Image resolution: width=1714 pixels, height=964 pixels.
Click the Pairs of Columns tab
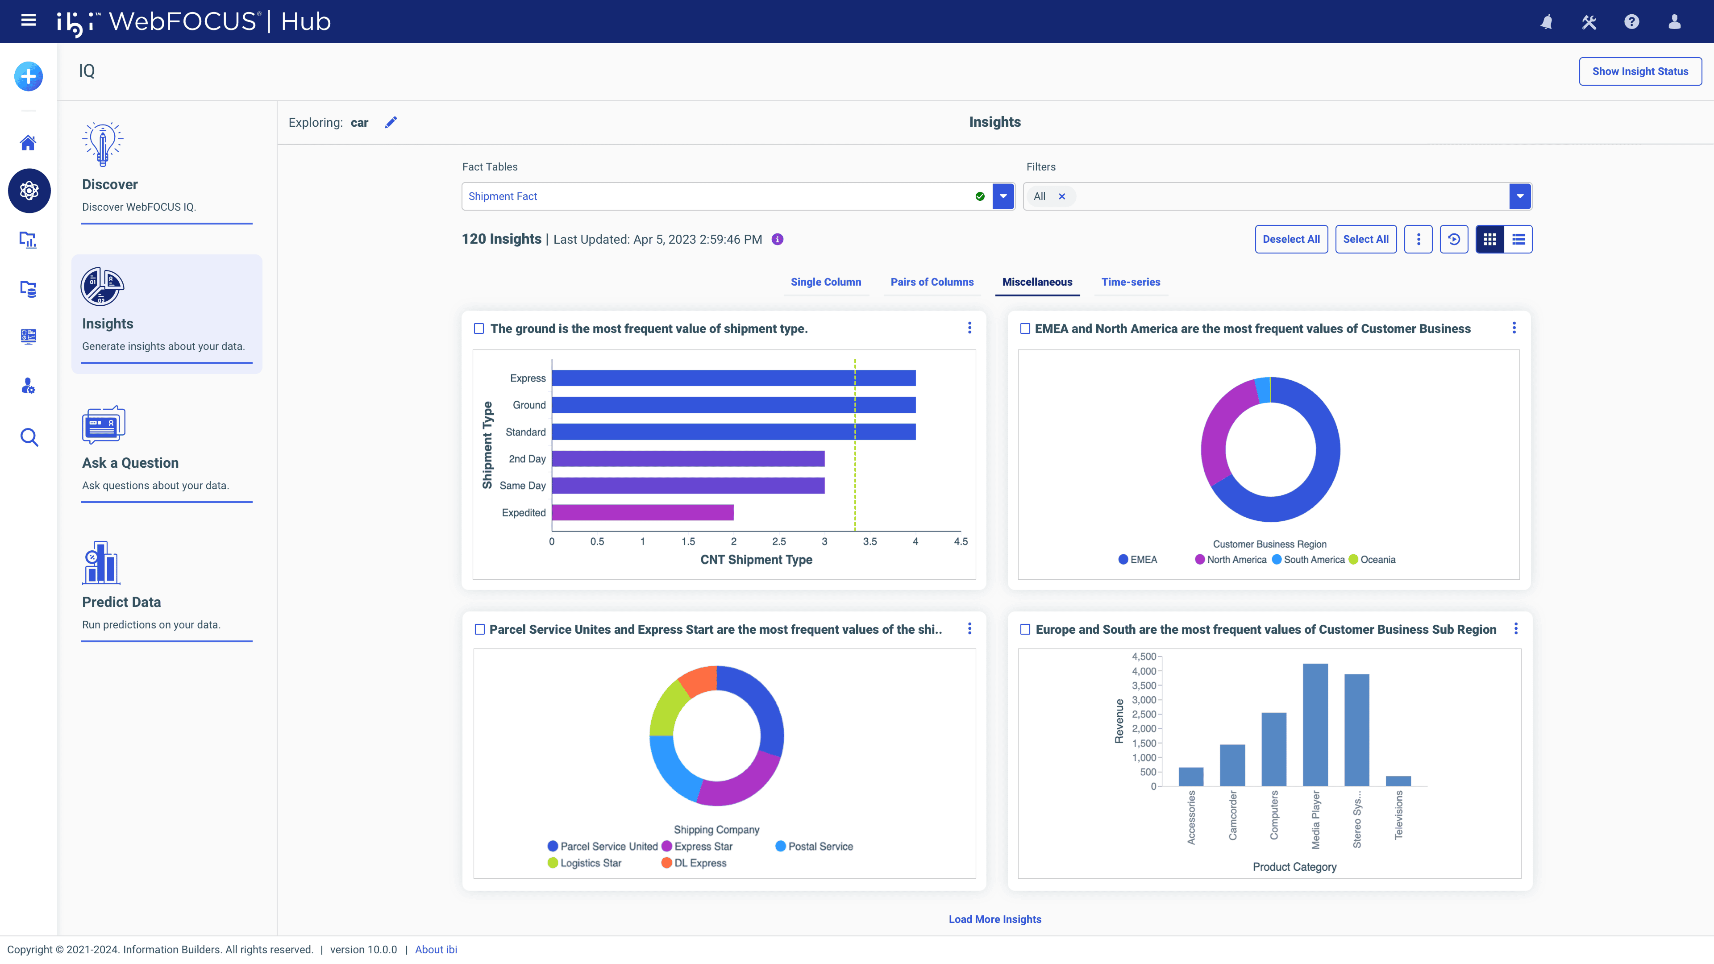point(932,282)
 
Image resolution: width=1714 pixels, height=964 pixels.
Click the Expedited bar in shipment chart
point(642,512)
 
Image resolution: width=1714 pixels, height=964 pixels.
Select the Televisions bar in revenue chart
point(1398,781)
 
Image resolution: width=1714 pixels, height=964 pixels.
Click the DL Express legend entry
point(699,863)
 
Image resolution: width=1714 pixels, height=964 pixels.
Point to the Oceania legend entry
point(1377,560)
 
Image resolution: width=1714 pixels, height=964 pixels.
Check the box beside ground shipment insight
point(478,328)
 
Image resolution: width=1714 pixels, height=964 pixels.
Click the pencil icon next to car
point(391,122)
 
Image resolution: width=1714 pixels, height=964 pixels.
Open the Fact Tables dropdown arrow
point(1003,196)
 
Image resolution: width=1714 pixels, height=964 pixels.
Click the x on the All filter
point(1062,196)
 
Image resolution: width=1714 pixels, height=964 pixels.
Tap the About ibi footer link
point(436,949)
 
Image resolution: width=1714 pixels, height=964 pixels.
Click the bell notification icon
point(1546,22)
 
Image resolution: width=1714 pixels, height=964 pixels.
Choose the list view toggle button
point(1518,240)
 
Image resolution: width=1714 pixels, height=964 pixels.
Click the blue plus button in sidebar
point(29,76)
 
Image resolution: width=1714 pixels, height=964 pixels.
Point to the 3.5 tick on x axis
point(869,541)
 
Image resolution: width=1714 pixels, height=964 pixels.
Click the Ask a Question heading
point(130,463)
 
